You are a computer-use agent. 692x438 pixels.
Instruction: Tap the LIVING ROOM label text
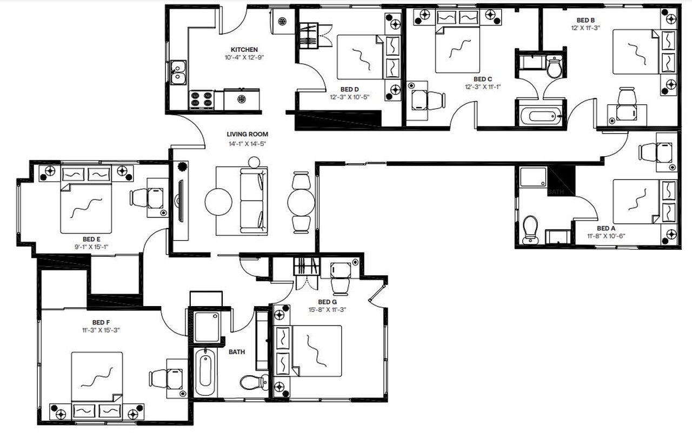(247, 134)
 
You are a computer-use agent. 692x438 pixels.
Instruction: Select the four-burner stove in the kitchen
(201, 100)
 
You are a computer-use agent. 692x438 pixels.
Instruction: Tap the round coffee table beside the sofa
(218, 201)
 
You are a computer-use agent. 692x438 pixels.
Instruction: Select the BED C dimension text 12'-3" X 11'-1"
(482, 87)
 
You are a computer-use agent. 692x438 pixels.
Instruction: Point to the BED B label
(585, 20)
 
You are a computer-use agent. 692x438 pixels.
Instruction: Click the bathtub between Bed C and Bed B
(541, 116)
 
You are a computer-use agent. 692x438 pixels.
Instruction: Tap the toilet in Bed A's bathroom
(530, 229)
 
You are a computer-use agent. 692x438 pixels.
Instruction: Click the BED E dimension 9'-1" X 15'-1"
(92, 246)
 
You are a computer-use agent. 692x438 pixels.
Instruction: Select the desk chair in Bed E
(139, 198)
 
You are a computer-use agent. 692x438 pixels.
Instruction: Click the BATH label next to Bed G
(236, 352)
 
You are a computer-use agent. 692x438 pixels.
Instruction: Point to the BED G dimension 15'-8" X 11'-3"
(327, 310)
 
